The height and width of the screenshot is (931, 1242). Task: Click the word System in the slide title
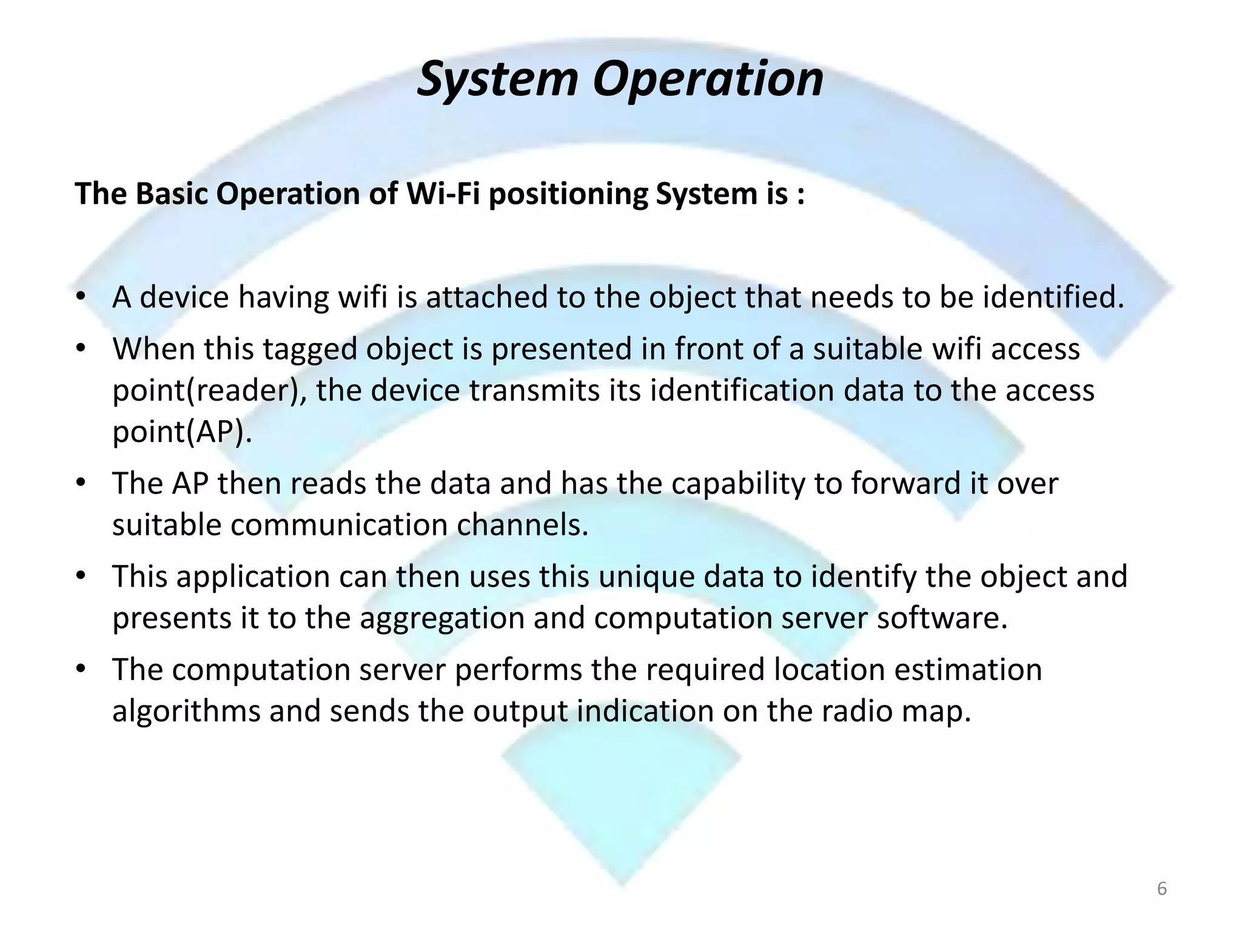point(497,79)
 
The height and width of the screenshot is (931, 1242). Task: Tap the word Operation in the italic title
point(708,79)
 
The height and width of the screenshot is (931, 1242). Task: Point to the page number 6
point(1162,889)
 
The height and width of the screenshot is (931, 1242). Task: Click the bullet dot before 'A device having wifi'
point(81,298)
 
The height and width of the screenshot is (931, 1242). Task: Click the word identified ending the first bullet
point(1053,297)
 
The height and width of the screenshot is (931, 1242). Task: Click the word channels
point(522,525)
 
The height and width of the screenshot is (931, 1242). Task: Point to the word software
point(942,618)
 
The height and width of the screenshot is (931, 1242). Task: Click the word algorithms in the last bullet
point(186,711)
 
